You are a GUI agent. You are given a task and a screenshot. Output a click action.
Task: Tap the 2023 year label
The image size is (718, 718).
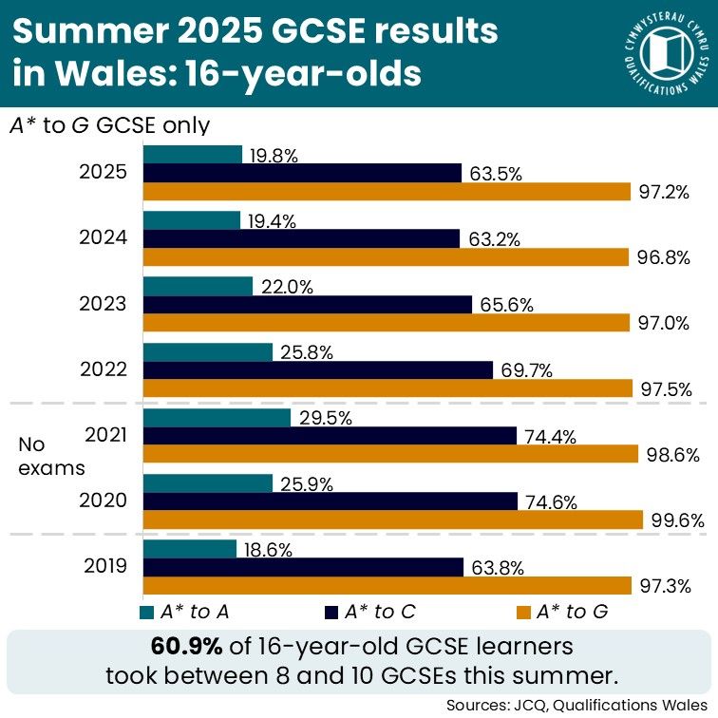[x=105, y=304]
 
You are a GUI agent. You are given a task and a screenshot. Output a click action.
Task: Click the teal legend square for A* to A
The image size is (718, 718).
[x=147, y=612]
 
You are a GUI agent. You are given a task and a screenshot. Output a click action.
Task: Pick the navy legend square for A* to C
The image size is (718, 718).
[x=332, y=612]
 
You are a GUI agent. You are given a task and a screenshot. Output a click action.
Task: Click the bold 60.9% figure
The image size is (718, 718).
[x=186, y=647]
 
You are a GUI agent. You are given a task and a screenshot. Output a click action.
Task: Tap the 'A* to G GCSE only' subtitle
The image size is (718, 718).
[x=109, y=125]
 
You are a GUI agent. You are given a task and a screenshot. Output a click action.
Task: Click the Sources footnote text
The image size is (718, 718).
[x=577, y=704]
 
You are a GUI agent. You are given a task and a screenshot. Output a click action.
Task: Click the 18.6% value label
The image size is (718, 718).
[x=267, y=549]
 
